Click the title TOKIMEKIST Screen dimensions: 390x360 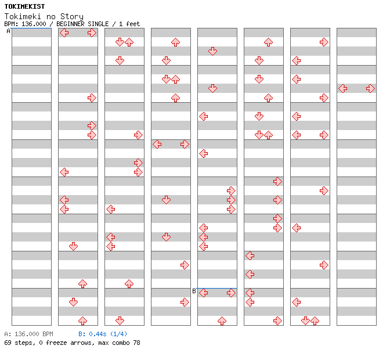point(24,6)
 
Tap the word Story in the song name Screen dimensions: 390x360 point(71,17)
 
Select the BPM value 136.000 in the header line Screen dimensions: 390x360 point(34,24)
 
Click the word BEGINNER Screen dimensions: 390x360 point(70,24)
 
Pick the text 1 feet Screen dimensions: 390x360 point(129,24)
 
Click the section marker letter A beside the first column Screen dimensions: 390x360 point(8,31)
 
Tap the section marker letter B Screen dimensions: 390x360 point(194,291)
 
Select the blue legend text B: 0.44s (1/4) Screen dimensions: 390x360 point(103,334)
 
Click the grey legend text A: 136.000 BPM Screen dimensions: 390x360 point(28,334)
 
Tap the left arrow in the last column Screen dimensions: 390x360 point(343,89)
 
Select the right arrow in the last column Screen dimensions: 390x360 point(370,89)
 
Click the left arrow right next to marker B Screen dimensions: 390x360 point(204,293)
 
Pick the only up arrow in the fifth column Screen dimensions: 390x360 point(222,321)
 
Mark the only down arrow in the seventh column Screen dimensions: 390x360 point(305,321)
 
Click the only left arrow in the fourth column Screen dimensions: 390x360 point(157,145)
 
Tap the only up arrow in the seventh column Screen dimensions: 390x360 point(315,321)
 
